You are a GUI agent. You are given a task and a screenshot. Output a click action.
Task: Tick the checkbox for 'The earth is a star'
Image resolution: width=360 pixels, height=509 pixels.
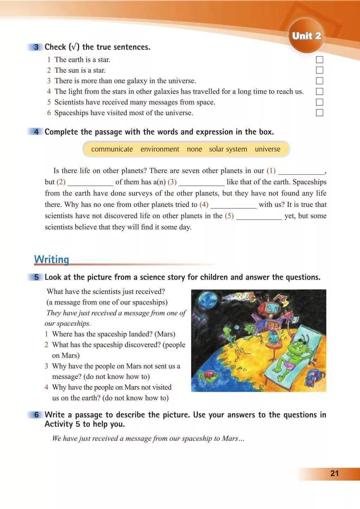tap(320, 60)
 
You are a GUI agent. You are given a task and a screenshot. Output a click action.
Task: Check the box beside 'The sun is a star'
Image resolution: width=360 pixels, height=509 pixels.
tap(320, 70)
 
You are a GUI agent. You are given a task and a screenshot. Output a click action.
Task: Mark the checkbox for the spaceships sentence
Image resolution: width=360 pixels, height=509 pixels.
tap(320, 113)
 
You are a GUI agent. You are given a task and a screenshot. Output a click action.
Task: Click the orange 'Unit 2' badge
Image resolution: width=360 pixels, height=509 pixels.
tap(306, 36)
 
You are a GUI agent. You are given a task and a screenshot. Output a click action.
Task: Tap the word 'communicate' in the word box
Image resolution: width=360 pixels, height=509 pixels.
tap(112, 149)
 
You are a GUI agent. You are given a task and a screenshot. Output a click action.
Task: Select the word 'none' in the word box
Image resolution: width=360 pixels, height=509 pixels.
tap(194, 149)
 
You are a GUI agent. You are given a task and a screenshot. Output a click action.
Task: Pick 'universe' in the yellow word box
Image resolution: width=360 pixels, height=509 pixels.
tap(268, 149)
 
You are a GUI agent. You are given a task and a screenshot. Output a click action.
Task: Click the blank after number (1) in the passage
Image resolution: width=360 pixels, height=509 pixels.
tap(301, 171)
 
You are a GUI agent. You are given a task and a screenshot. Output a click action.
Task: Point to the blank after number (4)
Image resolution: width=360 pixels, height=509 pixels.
tap(233, 205)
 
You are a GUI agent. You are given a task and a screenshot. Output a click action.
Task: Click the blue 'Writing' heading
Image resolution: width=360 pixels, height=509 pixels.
tap(51, 260)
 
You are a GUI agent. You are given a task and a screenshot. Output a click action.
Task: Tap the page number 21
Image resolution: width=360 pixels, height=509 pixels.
tap(334, 473)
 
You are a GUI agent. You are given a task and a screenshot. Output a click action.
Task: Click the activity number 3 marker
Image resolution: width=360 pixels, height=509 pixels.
tap(36, 47)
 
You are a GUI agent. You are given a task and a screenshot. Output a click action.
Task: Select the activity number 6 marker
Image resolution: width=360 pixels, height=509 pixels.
tap(36, 415)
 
